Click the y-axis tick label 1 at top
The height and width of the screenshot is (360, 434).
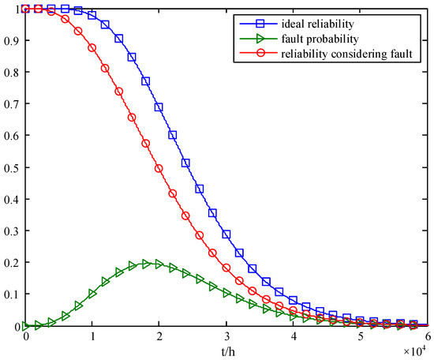tap(18, 9)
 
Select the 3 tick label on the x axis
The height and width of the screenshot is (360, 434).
tap(226, 336)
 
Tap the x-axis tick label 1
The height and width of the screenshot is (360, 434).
tap(93, 336)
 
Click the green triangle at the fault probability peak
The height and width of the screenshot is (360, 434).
tap(146, 264)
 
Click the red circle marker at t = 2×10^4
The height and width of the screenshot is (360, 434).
tap(159, 168)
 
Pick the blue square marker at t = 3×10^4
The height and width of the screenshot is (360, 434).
tap(226, 234)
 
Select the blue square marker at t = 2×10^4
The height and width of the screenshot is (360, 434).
tap(159, 107)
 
